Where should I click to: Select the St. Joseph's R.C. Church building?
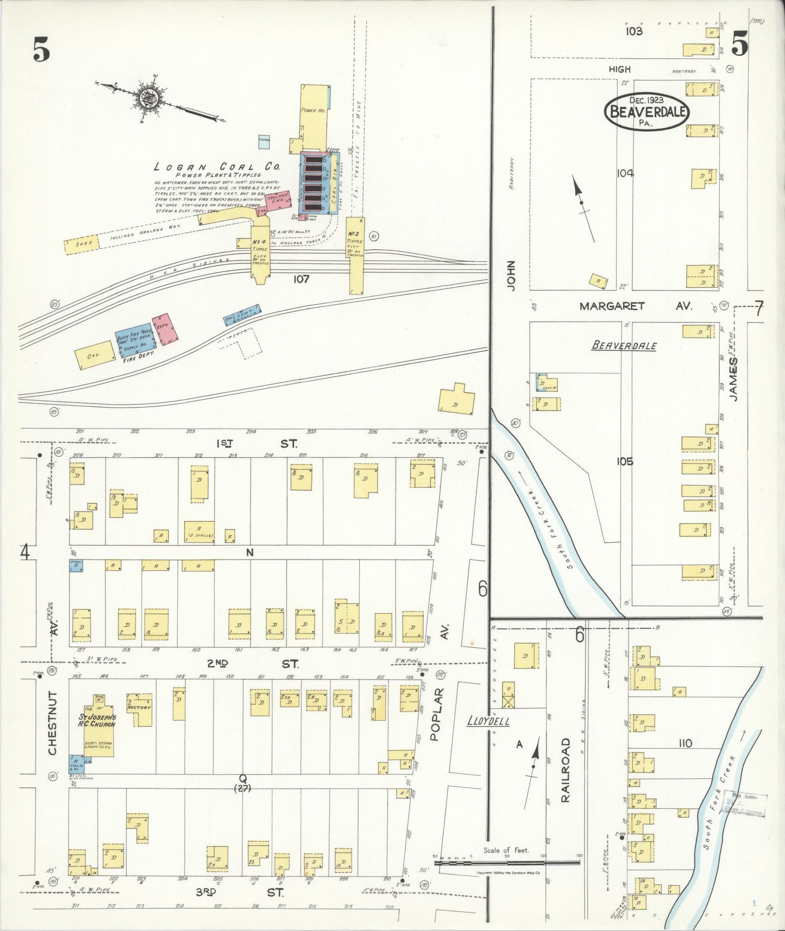tap(98, 726)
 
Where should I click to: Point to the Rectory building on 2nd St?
tap(140, 708)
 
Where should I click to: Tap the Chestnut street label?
tap(53, 722)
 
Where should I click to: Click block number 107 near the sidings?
tap(300, 279)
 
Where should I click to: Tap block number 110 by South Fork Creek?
tap(686, 743)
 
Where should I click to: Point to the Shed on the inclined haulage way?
tap(81, 244)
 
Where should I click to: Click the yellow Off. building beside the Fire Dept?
tap(95, 356)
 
